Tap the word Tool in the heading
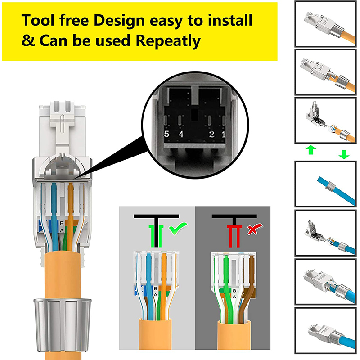(39, 20)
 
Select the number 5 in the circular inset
(166, 134)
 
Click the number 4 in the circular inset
(181, 134)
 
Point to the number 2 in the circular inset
(211, 134)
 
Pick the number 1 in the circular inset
(223, 134)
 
